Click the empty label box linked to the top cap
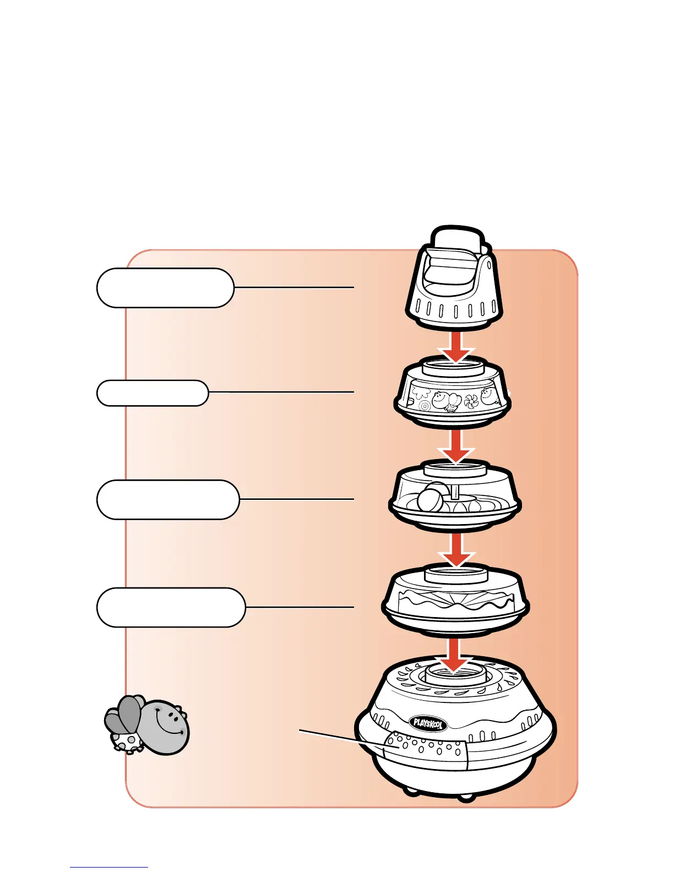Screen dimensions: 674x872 [165, 287]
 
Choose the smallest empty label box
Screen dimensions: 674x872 [153, 393]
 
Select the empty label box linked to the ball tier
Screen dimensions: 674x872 [168, 499]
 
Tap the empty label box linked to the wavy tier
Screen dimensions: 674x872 [171, 607]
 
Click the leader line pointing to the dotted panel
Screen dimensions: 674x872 [341, 738]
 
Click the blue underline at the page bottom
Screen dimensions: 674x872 [108, 868]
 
